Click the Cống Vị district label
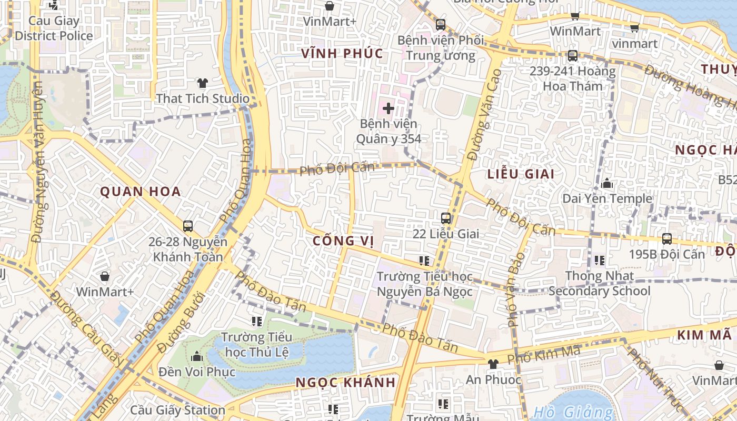click(x=343, y=241)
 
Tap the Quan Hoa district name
click(x=141, y=192)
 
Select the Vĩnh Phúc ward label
click(x=342, y=54)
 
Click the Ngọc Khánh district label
click(x=345, y=383)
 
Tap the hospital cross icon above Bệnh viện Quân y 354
click(x=389, y=108)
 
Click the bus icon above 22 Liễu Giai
click(x=446, y=218)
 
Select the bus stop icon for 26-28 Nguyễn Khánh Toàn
click(x=188, y=226)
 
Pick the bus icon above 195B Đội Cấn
click(x=667, y=238)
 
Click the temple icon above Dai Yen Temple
click(x=607, y=183)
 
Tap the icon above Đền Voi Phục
click(x=197, y=356)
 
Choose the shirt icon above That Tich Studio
click(x=203, y=83)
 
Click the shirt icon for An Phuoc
click(x=493, y=364)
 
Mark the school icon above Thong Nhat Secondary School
click(x=600, y=260)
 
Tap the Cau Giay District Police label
click(x=54, y=28)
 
